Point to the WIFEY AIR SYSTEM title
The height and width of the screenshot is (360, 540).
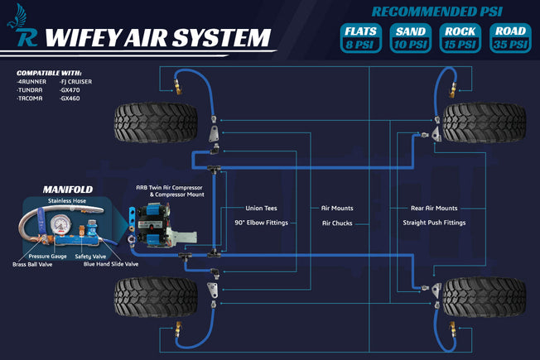click(158, 37)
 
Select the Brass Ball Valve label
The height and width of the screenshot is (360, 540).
click(32, 264)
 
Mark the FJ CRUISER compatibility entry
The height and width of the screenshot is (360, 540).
click(76, 81)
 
